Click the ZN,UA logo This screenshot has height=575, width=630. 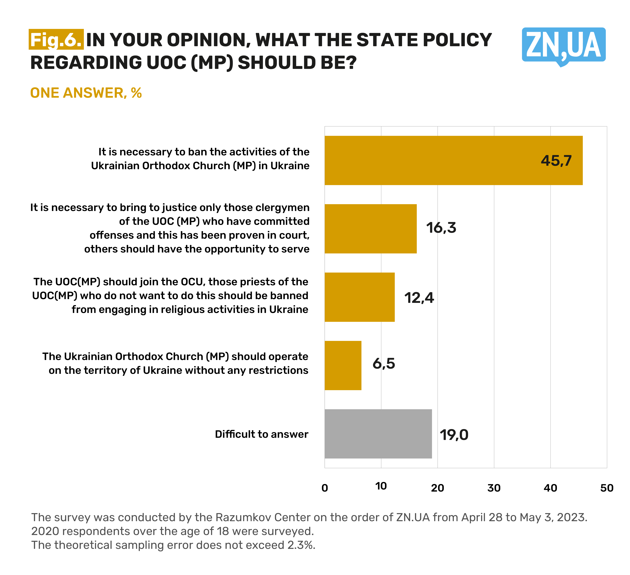563,45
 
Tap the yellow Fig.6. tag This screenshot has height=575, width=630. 56,40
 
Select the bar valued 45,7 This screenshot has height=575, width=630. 453,160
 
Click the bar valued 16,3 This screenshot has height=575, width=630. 370,229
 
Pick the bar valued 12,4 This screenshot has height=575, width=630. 359,297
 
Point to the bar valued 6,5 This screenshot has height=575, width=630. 343,365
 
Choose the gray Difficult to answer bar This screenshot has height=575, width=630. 378,434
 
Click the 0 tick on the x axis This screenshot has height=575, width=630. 325,488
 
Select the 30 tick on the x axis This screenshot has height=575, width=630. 494,488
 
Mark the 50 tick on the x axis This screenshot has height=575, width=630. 607,488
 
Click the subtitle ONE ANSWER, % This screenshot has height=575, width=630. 86,93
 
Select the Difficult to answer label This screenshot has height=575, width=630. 261,434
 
